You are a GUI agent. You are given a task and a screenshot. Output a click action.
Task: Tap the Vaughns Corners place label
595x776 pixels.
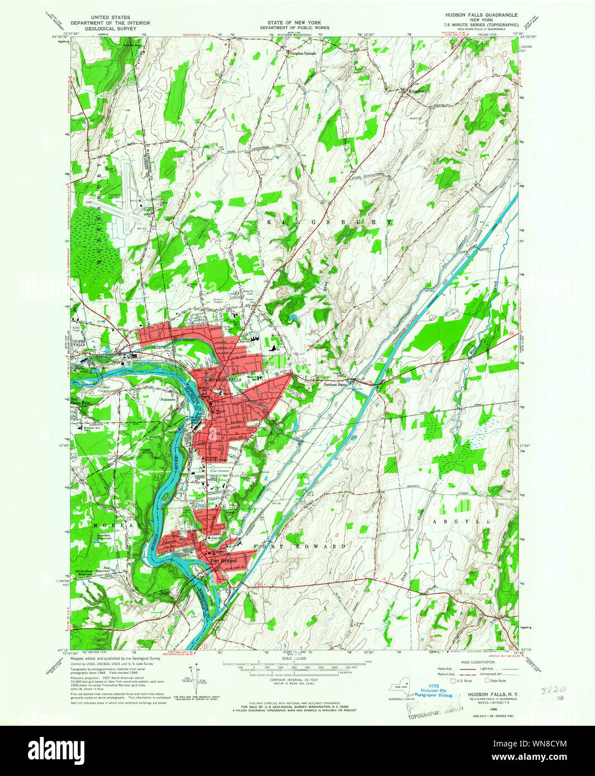coord(302,54)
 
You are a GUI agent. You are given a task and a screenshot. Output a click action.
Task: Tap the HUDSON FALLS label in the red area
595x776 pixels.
coord(218,379)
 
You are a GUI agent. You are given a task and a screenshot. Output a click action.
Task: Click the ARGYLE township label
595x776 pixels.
coord(459,521)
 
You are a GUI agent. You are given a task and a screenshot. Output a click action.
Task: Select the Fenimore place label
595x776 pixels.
coord(168,399)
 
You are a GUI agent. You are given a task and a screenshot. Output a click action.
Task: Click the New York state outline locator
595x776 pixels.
coord(400,690)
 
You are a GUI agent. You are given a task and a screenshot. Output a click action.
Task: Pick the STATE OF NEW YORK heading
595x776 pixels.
coord(294,22)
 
